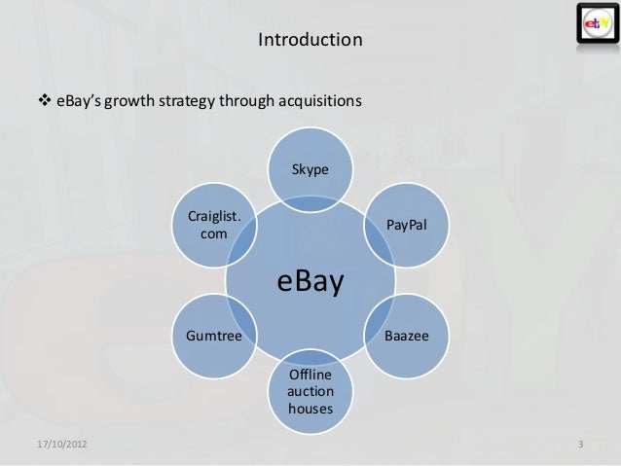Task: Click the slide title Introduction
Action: point(310,41)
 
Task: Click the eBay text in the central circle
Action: point(310,282)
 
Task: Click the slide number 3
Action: point(581,446)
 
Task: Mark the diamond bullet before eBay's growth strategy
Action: point(43,100)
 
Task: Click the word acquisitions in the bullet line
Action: point(322,100)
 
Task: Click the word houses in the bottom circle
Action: point(310,409)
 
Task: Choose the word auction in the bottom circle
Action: point(310,391)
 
